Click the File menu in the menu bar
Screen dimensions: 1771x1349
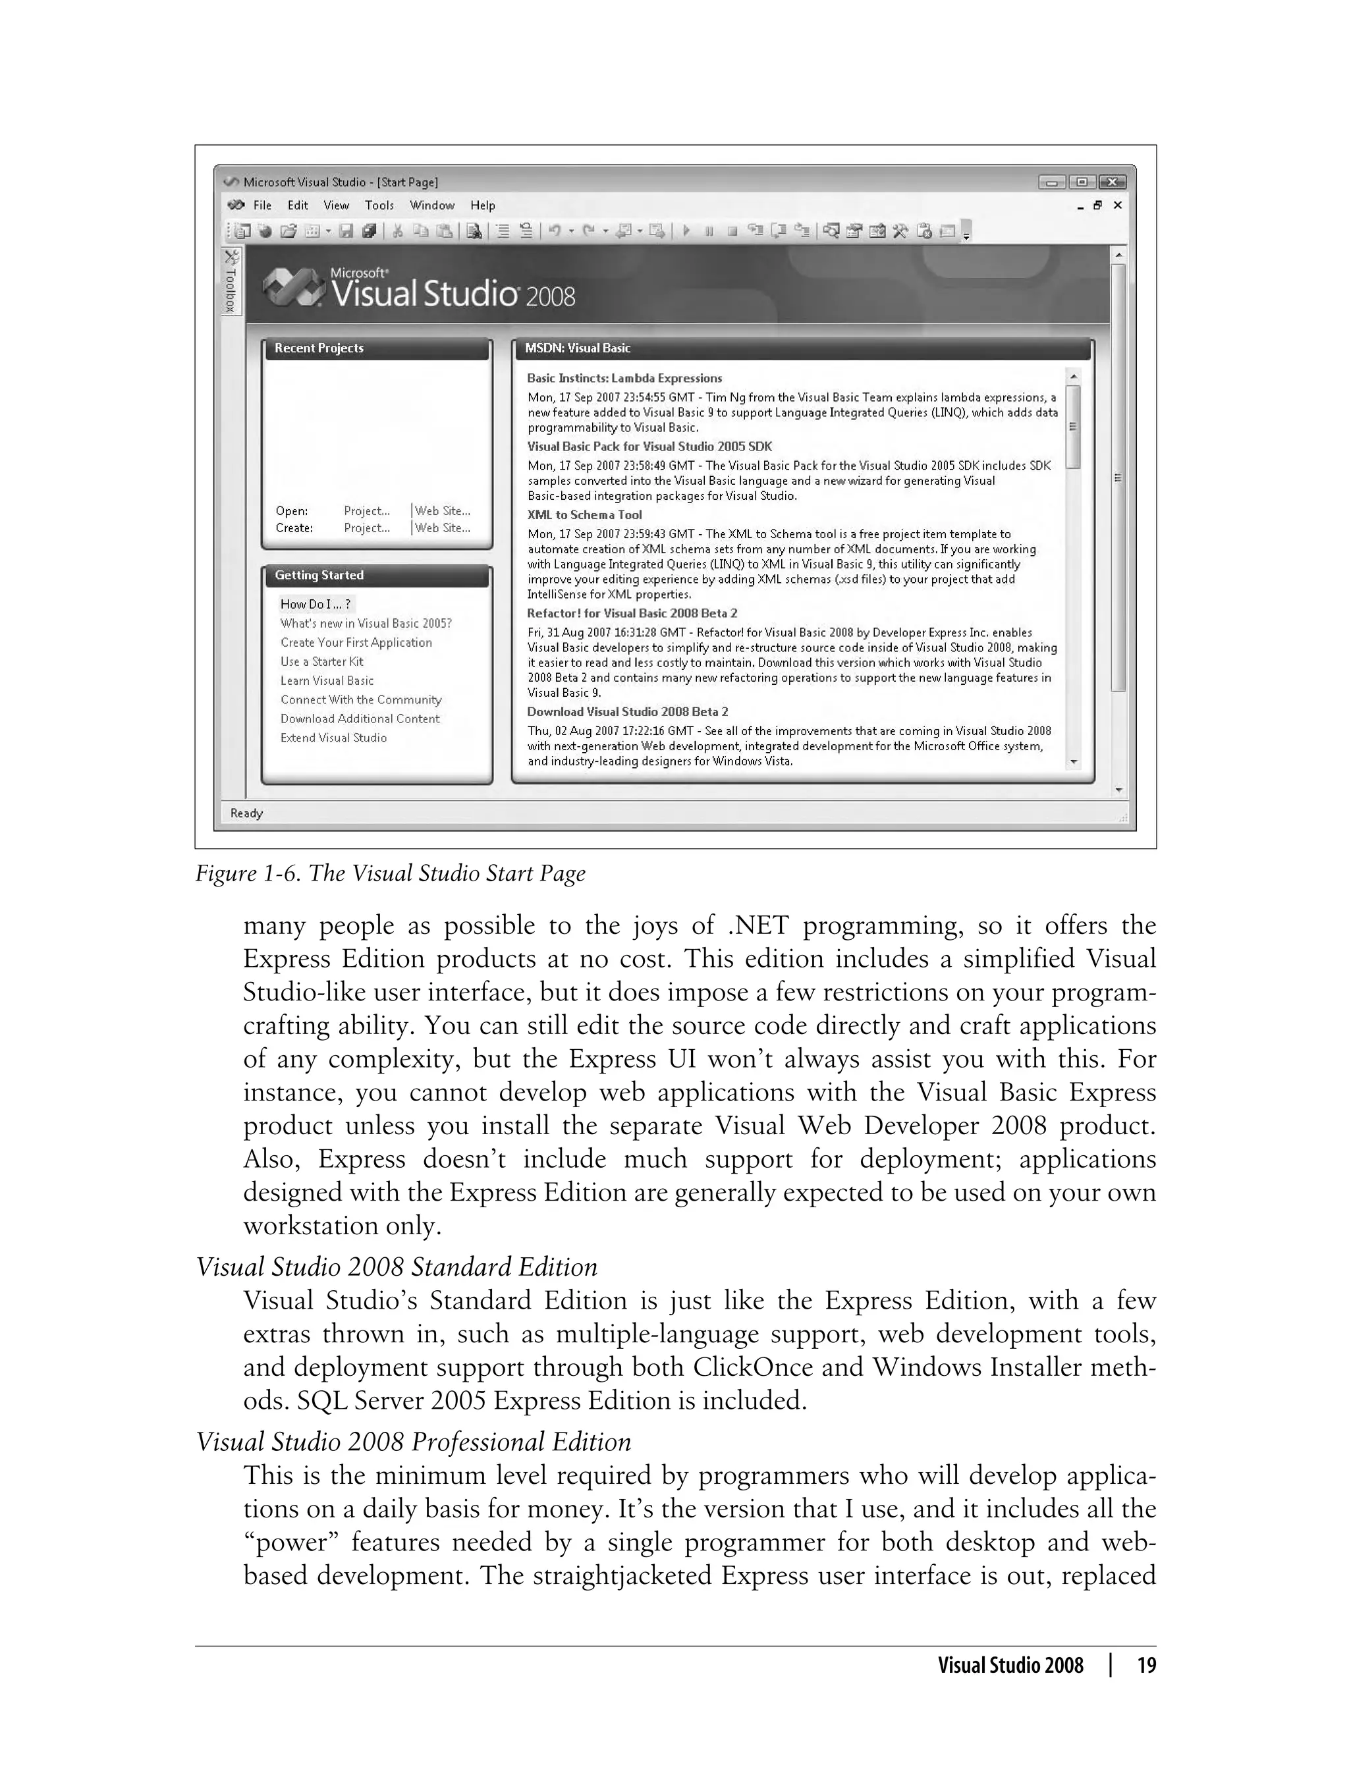coord(262,205)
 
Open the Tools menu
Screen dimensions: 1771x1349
coord(379,205)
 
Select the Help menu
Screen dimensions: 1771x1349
coord(483,205)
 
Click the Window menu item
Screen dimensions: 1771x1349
coord(432,205)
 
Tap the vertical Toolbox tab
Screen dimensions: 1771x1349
coord(231,283)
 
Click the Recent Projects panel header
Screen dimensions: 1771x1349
coord(319,348)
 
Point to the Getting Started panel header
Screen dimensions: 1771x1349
coord(319,576)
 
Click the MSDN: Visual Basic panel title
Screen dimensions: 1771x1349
coord(577,348)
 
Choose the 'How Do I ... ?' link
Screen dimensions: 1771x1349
coord(316,605)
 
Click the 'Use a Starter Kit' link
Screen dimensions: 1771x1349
coord(321,661)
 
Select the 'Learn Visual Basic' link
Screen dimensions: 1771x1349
coord(327,681)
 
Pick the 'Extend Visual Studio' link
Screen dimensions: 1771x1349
coord(333,738)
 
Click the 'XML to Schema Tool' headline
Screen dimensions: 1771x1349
coord(584,516)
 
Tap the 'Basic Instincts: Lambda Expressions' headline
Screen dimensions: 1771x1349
coord(624,378)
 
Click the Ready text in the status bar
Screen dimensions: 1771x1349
coord(246,813)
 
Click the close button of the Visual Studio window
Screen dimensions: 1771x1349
coord(1112,182)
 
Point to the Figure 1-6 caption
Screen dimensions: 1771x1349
coord(390,873)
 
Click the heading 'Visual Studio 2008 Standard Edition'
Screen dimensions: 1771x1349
coord(397,1267)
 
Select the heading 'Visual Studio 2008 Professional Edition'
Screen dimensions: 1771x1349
coord(414,1442)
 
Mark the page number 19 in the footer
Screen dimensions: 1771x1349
coord(1147,1665)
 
